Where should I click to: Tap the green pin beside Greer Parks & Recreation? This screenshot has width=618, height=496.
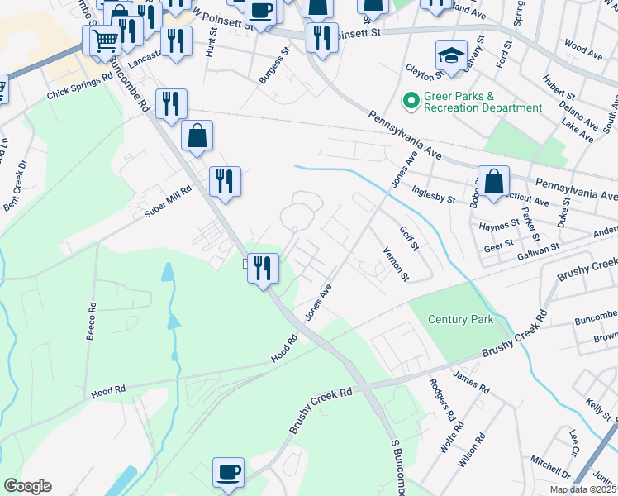coord(409,102)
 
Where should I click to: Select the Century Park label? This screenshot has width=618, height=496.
coord(461,319)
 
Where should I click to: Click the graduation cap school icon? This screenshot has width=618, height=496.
coord(450,55)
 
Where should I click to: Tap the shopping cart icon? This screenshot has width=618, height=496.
coord(104,40)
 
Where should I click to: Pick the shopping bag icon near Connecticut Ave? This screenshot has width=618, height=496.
coord(493,181)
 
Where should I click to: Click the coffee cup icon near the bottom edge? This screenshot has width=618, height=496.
coord(229,474)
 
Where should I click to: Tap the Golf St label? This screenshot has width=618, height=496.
coord(410,240)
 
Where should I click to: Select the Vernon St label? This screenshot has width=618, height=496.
coord(396,262)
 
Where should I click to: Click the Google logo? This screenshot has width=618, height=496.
coord(28,486)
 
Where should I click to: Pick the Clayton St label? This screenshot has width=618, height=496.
coord(420,74)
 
